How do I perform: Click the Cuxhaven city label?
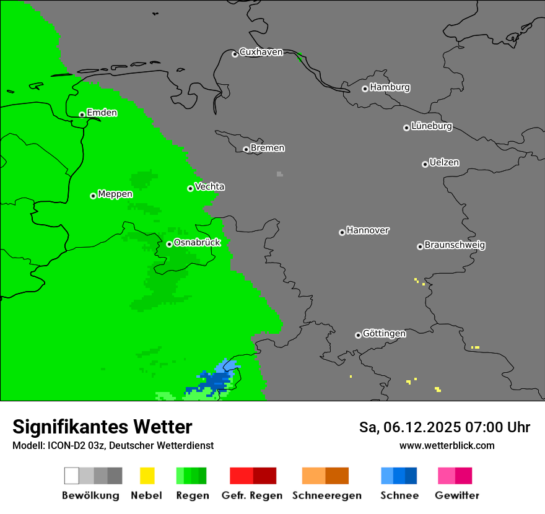(261, 52)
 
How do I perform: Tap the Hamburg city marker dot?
(365, 89)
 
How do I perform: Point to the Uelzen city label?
(444, 162)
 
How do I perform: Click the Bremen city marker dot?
(246, 149)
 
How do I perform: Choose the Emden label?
(102, 113)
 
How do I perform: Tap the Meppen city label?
(115, 194)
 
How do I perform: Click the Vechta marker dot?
(191, 188)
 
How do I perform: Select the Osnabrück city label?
(197, 242)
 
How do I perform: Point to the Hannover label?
(368, 230)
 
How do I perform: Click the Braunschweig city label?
(455, 245)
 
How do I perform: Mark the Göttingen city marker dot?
(358, 335)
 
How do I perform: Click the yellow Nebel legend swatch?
(147, 476)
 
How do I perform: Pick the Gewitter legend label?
(457, 495)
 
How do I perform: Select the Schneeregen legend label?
(327, 495)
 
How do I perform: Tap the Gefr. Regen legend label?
(252, 495)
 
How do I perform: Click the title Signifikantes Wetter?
(102, 427)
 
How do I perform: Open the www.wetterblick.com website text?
(447, 445)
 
